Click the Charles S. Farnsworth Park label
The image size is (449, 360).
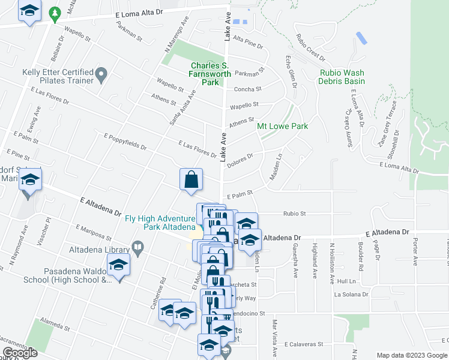coord(205,74)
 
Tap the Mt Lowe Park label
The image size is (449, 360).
coord(282,126)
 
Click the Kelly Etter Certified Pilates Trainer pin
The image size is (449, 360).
coord(101,76)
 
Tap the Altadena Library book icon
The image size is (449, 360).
coord(137,247)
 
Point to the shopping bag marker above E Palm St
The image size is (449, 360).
coord(191,179)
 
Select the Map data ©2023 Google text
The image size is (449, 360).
coord(412,355)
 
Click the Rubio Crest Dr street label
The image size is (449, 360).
coord(310,48)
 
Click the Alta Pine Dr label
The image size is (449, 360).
coord(248,43)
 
